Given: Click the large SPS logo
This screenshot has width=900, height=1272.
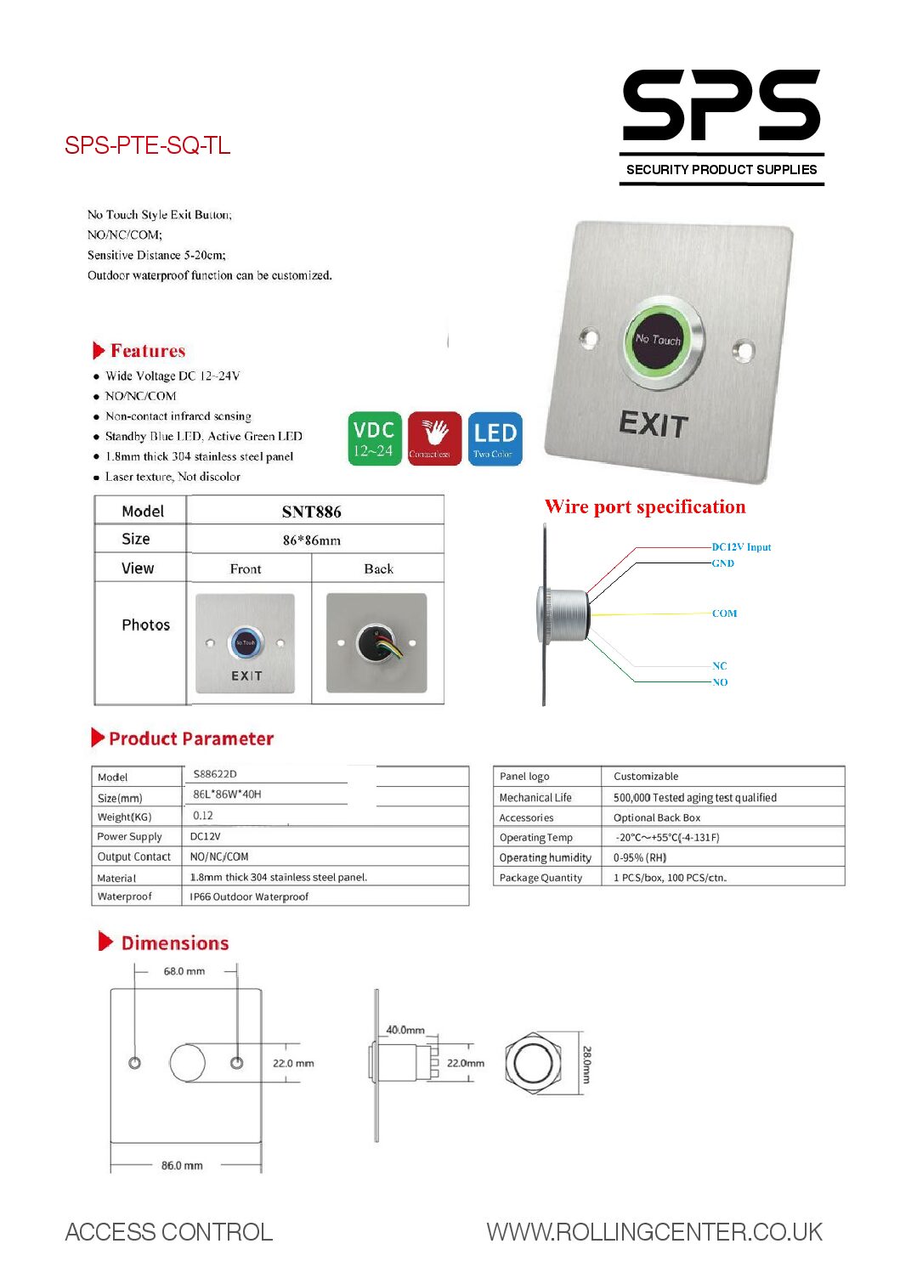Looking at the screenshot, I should coord(721,106).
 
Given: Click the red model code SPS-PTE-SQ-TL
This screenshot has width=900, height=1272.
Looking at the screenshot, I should coord(147,145).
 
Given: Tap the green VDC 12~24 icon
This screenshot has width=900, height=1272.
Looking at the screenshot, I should coord(374,438).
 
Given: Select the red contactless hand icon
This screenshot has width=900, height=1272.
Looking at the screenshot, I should coord(434,438).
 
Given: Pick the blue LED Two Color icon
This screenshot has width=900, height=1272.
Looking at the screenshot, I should coord(495,438).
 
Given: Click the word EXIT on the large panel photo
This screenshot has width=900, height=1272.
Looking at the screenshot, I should coord(653,424).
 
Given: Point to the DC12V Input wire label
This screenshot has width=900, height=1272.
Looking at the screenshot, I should coord(741,547).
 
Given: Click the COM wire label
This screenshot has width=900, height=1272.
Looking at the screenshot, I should coord(724,613).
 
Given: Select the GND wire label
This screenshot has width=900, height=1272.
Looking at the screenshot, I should coord(722,563).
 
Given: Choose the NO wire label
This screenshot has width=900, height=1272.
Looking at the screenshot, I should coord(720,682).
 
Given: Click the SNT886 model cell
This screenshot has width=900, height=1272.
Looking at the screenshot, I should coord(311,512).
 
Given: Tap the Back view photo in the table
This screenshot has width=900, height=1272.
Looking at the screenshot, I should coord(376,643).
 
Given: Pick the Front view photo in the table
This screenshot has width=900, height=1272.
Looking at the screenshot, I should coord(246,643).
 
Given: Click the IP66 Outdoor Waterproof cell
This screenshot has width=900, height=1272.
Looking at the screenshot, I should coord(249,896).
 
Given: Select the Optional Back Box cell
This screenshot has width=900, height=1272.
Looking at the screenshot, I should coord(657,817).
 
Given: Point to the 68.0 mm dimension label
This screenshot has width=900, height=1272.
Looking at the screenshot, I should coord(184,971).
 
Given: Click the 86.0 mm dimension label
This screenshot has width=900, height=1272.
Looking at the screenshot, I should coord(182,1166).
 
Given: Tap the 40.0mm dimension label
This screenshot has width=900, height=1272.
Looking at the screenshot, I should coord(405,1030).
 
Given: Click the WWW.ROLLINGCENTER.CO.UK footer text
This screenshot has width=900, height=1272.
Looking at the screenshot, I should coord(654,1232).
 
